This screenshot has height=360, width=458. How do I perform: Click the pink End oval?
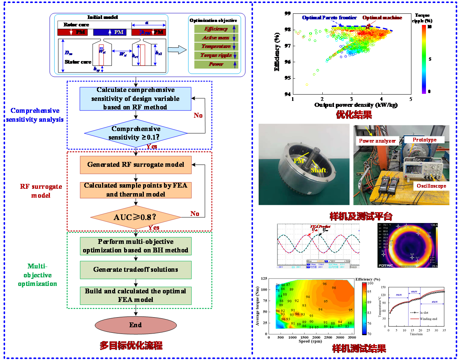point(135,325)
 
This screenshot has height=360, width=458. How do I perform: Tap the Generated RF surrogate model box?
point(136,165)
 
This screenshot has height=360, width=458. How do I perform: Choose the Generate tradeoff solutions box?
point(136,270)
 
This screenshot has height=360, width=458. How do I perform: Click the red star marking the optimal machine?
point(368,26)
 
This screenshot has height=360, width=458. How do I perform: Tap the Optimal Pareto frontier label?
point(329,17)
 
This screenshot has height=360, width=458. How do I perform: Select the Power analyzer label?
point(377,141)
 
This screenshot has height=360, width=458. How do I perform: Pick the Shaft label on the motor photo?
point(319,170)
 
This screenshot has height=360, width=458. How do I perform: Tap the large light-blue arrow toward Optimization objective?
point(177,50)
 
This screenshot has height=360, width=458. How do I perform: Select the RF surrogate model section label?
point(36,191)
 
